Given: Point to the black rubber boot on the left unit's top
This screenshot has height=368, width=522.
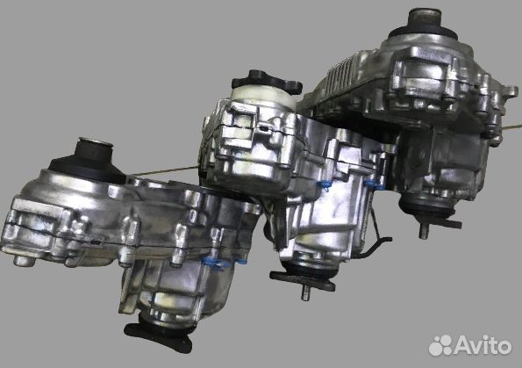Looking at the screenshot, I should coord(89,162).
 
